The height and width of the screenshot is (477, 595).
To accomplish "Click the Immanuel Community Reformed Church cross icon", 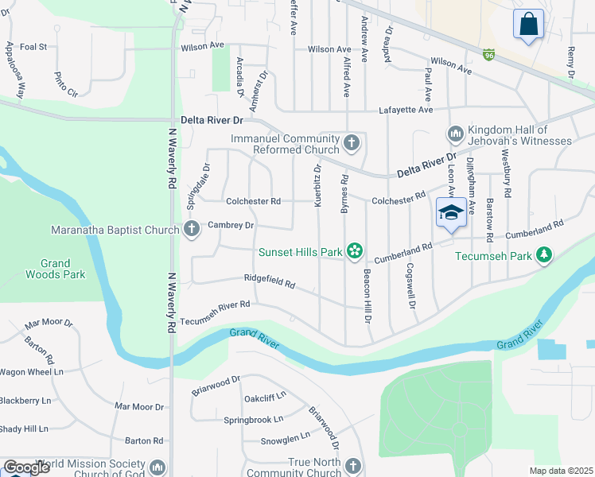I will (x=352, y=144).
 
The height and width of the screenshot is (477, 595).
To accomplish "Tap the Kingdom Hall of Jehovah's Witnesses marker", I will (x=456, y=133).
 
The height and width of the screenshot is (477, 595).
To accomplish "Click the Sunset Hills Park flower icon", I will (x=355, y=252).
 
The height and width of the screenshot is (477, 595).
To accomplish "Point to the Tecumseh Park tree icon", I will (x=544, y=255).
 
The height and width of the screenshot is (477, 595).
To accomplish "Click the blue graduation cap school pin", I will (x=451, y=213).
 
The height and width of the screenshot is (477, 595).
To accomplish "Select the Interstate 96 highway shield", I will (x=489, y=55).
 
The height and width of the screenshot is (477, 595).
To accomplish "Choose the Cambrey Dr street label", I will (x=230, y=225).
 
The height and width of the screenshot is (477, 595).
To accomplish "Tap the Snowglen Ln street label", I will (x=285, y=438).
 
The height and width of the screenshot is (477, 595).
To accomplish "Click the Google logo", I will (x=26, y=467).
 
